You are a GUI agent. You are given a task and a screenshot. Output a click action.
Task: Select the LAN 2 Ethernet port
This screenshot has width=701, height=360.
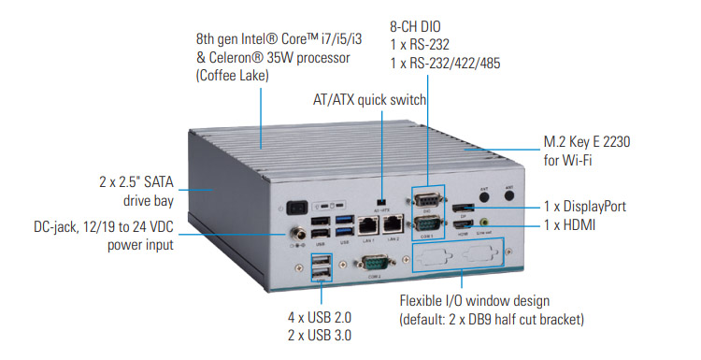393,224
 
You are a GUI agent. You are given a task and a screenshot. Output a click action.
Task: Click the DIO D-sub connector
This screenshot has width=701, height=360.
426,202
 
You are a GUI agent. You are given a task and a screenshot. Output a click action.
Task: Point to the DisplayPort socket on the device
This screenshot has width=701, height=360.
464,207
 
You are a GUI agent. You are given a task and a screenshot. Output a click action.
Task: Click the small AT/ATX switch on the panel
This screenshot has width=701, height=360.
379,201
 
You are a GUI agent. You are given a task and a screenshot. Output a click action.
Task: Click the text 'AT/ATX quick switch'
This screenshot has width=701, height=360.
369,99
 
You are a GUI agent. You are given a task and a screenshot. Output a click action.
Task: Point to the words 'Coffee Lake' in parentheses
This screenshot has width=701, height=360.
232,77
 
